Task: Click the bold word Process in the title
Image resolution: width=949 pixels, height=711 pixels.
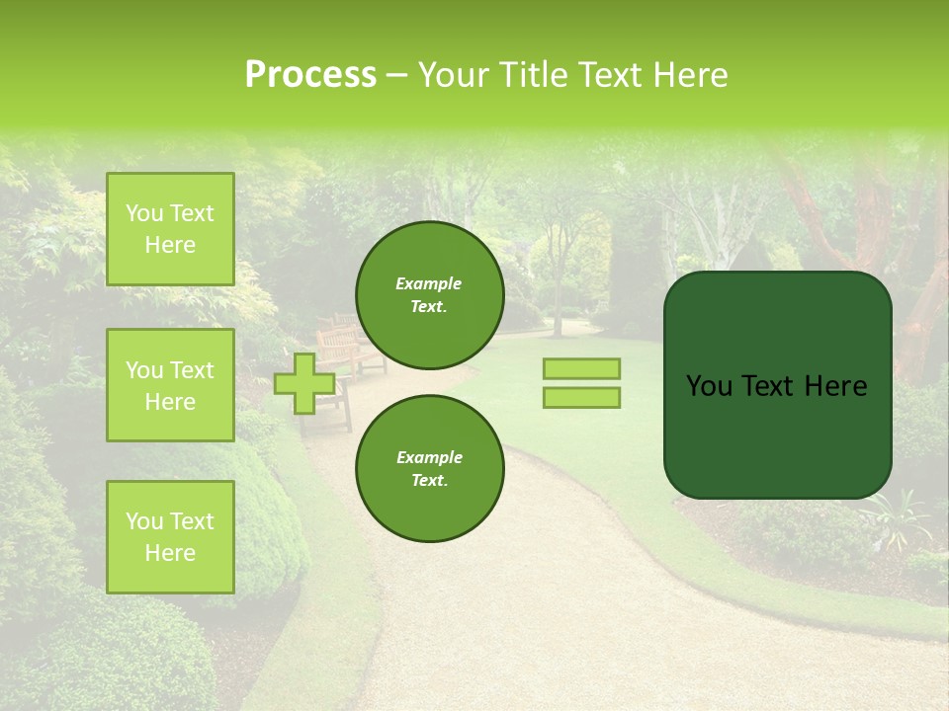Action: click(310, 75)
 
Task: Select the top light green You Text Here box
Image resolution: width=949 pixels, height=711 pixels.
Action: click(170, 229)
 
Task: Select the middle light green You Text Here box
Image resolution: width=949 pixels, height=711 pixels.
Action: click(170, 385)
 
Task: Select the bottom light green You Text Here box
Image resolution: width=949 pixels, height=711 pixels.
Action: click(170, 537)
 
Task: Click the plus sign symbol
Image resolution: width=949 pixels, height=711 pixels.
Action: click(303, 383)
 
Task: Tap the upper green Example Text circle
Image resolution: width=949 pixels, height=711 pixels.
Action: click(429, 294)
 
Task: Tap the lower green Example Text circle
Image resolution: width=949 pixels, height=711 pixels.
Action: click(429, 468)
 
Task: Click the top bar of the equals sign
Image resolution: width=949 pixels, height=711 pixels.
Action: click(581, 368)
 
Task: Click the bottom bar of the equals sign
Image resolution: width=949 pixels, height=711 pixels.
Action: click(581, 397)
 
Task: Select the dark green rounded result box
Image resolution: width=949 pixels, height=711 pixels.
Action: click(777, 434)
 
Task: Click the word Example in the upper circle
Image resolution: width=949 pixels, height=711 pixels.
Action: click(429, 283)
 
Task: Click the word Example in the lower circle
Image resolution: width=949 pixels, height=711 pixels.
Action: click(429, 457)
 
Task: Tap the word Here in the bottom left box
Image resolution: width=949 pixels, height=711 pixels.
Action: click(170, 553)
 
